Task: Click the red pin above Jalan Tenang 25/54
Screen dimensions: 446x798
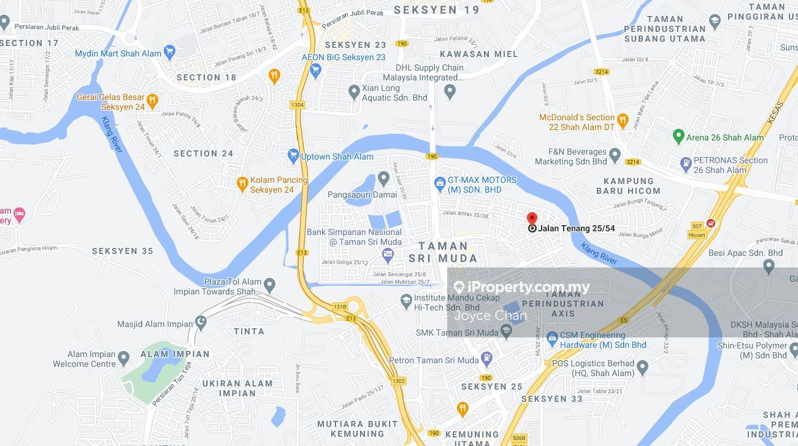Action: coord(532,218)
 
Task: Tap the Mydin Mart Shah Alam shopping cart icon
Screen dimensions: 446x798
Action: coord(170,53)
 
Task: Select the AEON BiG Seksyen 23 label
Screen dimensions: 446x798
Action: coord(343,57)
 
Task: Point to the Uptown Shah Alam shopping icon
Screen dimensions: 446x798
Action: coord(293,156)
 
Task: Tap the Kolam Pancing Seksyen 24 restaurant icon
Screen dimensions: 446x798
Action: coord(243,183)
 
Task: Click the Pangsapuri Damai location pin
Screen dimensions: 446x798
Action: coord(384,179)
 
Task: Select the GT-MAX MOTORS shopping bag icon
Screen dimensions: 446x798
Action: coord(439,182)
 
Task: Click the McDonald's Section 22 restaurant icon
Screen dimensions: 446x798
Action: coord(623,120)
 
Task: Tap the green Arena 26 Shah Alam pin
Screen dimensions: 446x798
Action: coord(678,136)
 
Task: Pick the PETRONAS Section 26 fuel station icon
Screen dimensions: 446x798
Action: coord(686,164)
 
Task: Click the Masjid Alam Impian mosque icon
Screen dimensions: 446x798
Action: coord(201,323)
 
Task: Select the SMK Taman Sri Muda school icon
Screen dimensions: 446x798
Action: coord(506,332)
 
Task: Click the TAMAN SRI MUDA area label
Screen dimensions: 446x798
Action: coord(443,252)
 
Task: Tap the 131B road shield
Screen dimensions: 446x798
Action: coord(340,306)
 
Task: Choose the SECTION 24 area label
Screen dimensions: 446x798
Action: coord(204,153)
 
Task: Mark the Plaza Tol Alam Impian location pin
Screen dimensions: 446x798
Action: coord(269,285)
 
